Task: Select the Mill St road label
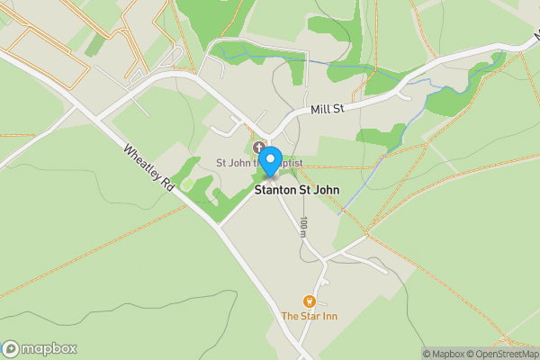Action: (328, 109)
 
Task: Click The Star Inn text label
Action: (310, 316)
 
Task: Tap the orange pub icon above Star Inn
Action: (310, 301)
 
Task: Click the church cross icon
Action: (259, 148)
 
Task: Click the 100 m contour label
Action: (304, 227)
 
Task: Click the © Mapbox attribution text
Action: (447, 354)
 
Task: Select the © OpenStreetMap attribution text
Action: (507, 354)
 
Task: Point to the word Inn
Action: (329, 316)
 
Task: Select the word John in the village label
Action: (324, 191)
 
